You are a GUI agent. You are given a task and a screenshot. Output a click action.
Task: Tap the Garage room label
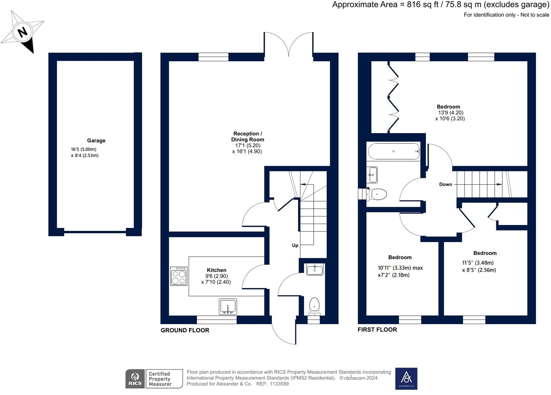click(96, 140)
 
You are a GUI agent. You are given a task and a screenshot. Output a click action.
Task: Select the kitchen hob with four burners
click(178, 276)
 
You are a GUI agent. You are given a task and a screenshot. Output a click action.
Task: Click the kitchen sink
click(228, 307)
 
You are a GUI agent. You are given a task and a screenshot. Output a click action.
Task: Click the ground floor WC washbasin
click(315, 269)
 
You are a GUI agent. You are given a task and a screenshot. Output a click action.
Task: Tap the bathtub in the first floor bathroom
click(393, 151)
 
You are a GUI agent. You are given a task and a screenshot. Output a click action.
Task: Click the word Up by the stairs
click(295, 246)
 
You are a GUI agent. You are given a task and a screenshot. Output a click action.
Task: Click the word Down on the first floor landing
click(445, 184)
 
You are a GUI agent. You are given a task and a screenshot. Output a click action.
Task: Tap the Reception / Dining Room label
click(247, 136)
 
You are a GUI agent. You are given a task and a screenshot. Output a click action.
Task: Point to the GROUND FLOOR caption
click(185, 330)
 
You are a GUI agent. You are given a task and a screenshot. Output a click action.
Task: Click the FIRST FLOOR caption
click(377, 329)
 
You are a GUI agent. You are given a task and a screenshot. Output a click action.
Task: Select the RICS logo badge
click(135, 379)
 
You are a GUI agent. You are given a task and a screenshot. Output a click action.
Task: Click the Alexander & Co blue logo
click(406, 378)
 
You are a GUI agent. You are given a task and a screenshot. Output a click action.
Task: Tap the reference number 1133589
click(277, 384)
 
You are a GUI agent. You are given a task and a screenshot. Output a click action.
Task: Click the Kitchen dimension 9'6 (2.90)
click(216, 276)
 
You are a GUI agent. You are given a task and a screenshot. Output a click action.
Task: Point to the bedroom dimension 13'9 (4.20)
click(450, 112)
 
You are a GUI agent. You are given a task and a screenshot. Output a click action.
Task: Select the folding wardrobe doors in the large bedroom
click(393, 96)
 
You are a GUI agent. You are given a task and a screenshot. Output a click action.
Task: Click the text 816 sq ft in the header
click(421, 5)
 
